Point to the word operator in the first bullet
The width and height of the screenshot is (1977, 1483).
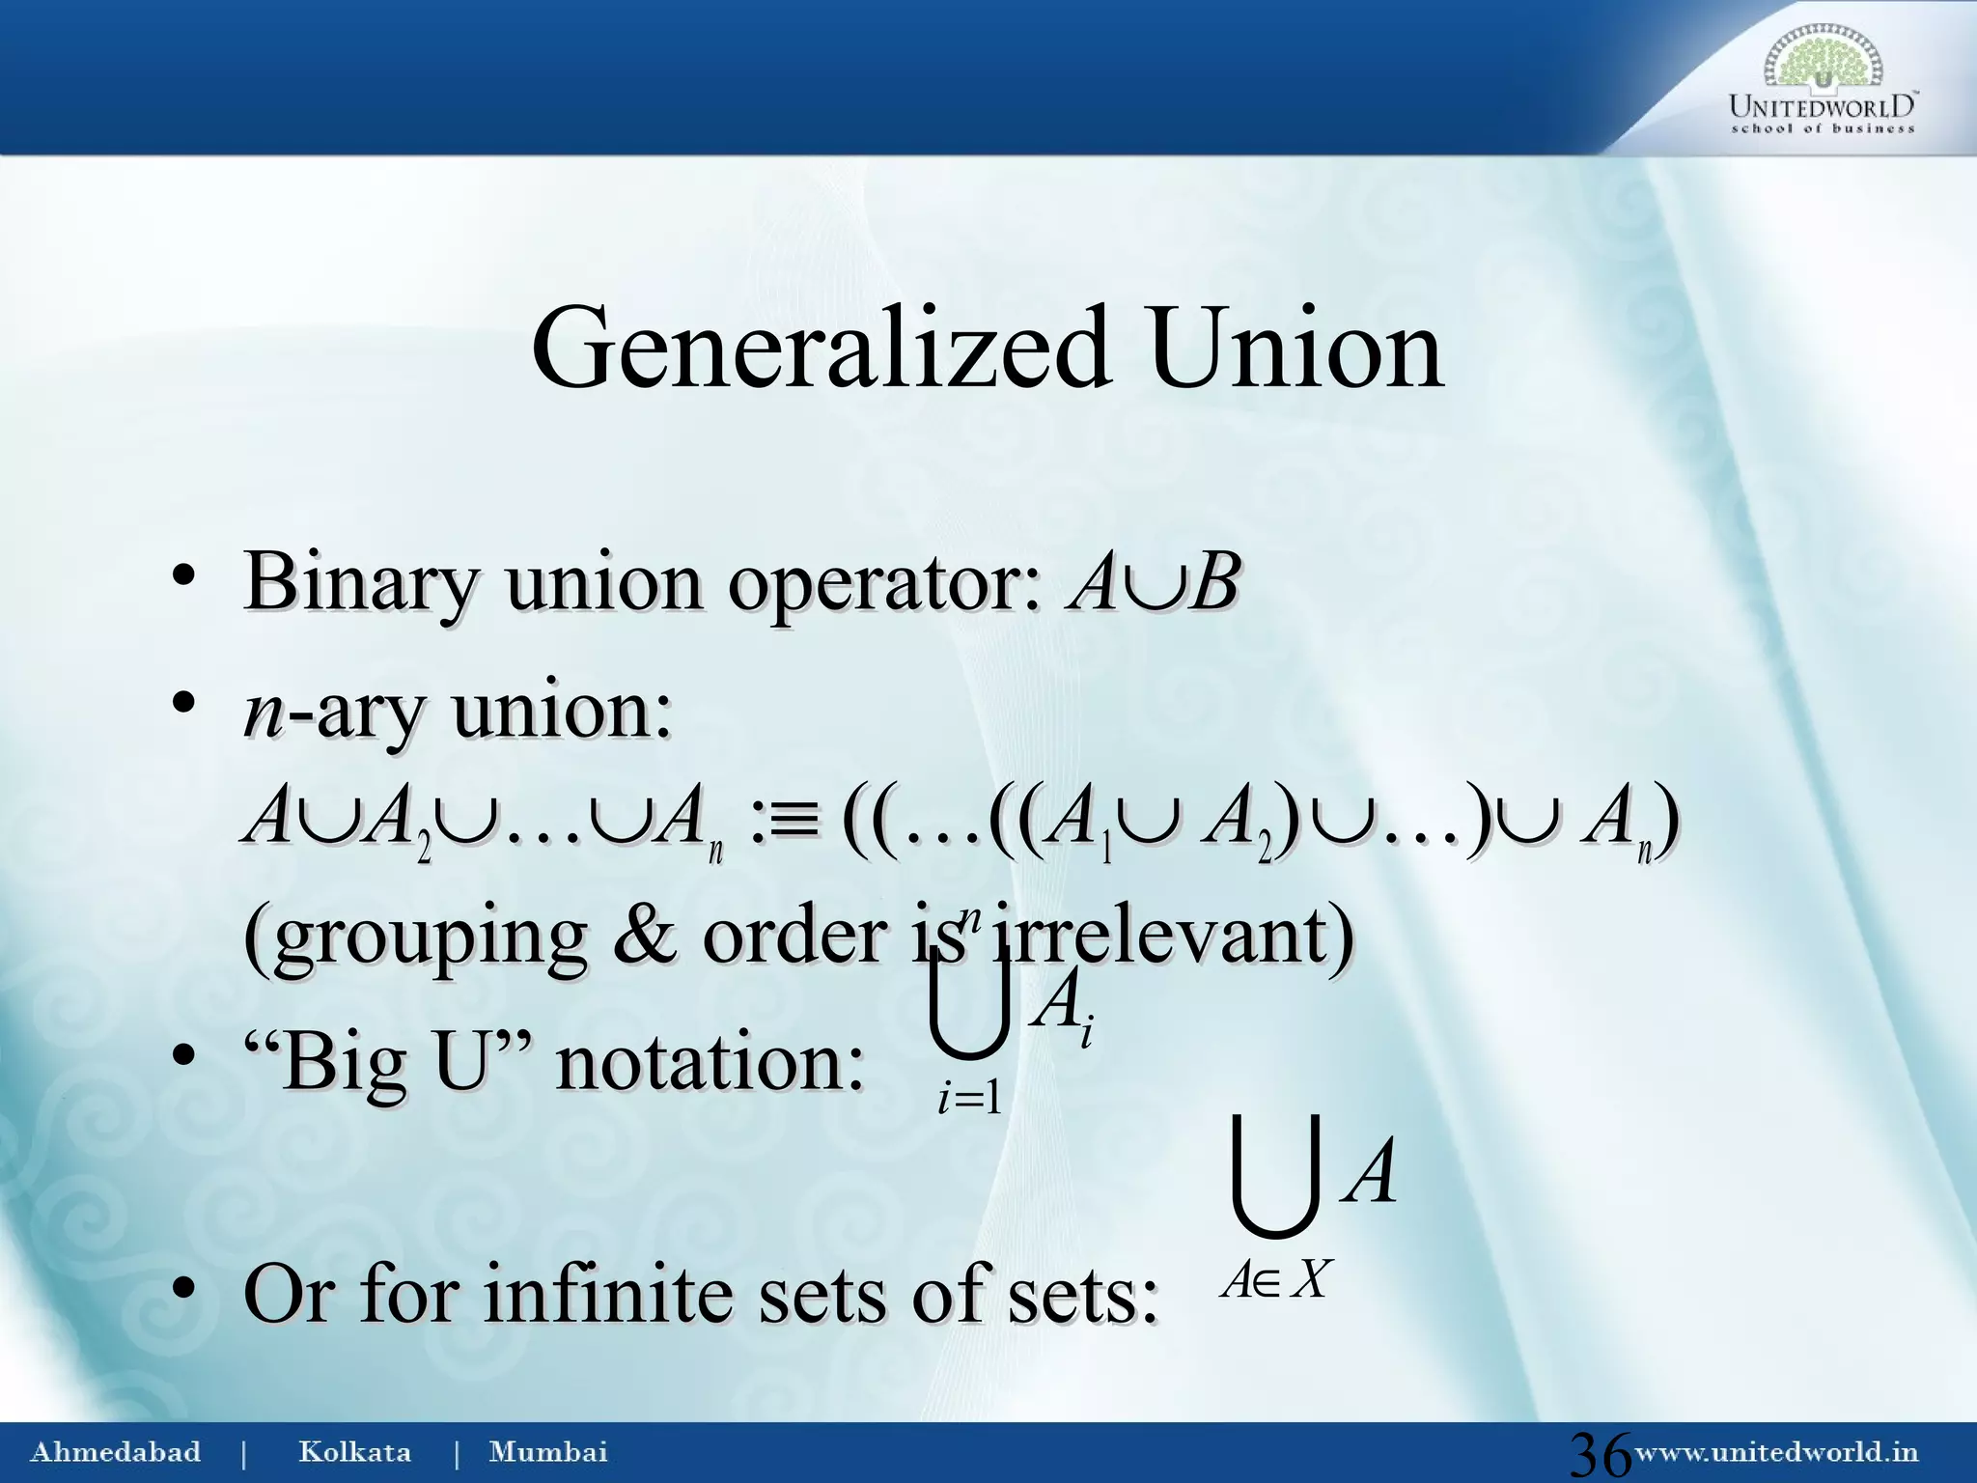tap(883, 584)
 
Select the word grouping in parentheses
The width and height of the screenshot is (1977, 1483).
tap(415, 938)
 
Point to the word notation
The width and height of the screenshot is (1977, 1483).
tap(710, 1063)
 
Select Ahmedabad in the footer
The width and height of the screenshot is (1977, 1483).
tap(116, 1452)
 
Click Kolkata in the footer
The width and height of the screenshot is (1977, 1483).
tap(354, 1452)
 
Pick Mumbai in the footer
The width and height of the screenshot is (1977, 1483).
tap(548, 1452)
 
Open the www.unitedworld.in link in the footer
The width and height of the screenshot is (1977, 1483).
tap(1775, 1452)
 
